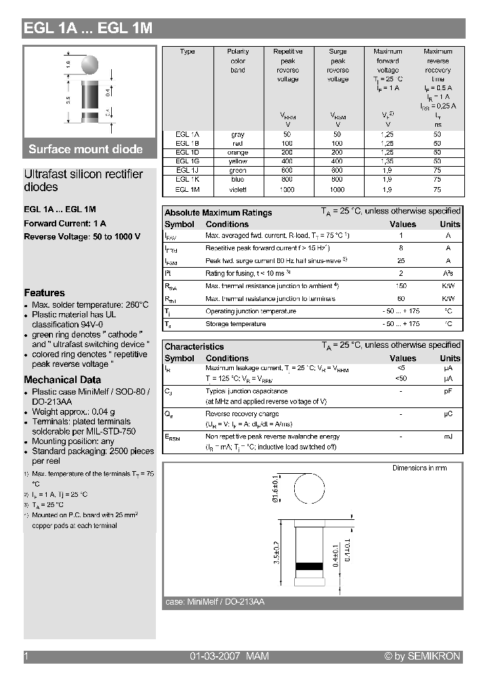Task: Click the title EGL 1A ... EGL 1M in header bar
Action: click(88, 28)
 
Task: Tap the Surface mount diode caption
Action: click(85, 149)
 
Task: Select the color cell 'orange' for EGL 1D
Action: click(238, 153)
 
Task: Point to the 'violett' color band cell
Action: click(238, 190)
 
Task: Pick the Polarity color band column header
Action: click(238, 61)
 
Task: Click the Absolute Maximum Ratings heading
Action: click(218, 213)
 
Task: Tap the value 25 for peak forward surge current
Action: click(401, 261)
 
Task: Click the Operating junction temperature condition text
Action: click(251, 312)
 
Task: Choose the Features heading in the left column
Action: click(45, 293)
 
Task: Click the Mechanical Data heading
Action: click(62, 380)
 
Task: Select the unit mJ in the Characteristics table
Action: click(448, 437)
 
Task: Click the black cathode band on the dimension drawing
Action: click(309, 566)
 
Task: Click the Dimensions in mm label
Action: click(420, 468)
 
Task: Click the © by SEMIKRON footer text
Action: click(422, 656)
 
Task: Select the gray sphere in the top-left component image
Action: click(89, 64)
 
